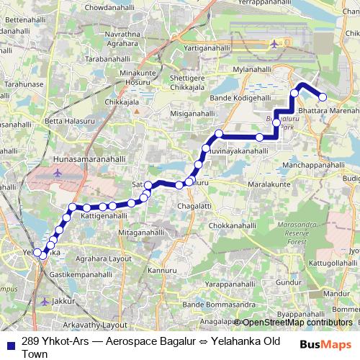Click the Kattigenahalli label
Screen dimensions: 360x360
tap(104, 215)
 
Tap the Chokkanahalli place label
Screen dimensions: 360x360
tap(232, 225)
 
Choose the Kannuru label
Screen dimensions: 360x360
tap(161, 270)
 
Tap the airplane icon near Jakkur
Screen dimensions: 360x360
tap(46, 301)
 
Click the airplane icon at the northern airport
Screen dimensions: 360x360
tap(274, 45)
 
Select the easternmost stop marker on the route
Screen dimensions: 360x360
tap(323, 97)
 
